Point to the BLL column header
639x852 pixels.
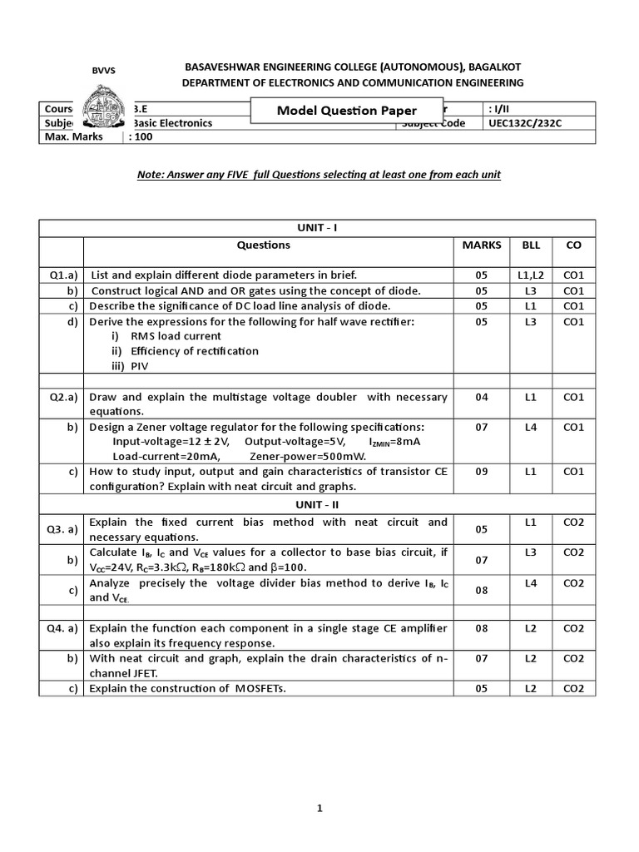(531, 245)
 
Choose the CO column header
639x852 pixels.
(574, 245)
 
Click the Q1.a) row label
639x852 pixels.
(62, 275)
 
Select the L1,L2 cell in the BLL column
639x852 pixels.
(531, 275)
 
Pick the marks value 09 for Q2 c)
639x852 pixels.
(482, 472)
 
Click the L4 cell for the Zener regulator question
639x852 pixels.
(531, 428)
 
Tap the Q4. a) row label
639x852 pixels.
(62, 628)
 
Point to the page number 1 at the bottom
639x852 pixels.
(319, 808)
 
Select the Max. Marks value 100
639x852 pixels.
(143, 136)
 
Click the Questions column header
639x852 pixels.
(264, 245)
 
